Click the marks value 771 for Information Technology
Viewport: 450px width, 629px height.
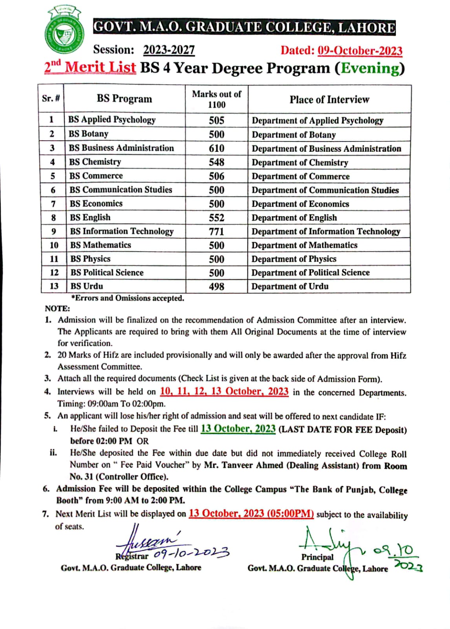click(216, 232)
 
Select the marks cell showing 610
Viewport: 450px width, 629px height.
click(216, 148)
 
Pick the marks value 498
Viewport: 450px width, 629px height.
click(216, 287)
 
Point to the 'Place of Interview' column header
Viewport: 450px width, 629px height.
click(329, 99)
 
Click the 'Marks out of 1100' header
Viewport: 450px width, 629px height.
click(216, 99)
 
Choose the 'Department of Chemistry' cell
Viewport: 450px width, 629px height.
click(300, 162)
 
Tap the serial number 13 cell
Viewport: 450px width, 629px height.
click(54, 286)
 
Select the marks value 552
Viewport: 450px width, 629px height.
click(216, 218)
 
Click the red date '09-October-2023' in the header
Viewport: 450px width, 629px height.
click(360, 51)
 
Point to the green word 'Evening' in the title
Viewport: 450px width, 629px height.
click(370, 68)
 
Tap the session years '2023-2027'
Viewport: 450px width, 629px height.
click(169, 50)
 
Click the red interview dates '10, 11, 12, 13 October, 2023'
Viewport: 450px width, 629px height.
click(224, 392)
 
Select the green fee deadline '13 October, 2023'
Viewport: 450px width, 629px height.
click(238, 429)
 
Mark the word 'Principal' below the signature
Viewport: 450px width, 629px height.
click(317, 557)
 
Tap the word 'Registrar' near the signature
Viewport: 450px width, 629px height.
click(132, 556)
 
